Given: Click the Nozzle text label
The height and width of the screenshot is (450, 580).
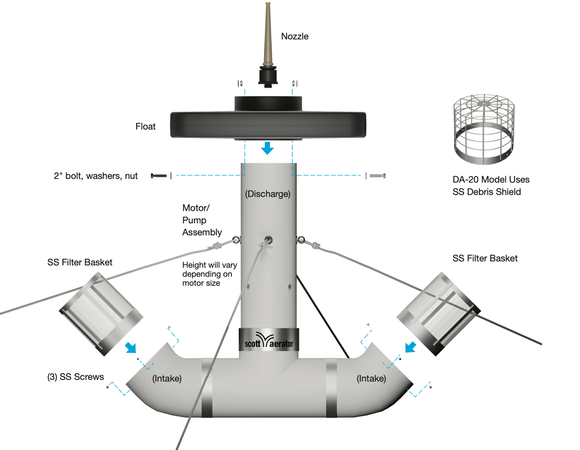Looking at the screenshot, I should click(x=295, y=36).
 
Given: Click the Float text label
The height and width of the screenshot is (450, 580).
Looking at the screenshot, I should click(x=145, y=127).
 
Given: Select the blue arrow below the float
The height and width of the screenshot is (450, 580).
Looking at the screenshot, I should click(x=268, y=148).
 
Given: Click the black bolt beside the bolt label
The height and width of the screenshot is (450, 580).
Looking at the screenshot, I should click(x=159, y=176).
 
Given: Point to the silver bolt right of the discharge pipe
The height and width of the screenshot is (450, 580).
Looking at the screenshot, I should click(x=377, y=176).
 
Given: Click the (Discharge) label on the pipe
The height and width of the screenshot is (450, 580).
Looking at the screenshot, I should click(x=268, y=194).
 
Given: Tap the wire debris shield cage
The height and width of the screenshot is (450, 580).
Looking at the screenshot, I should click(x=484, y=129).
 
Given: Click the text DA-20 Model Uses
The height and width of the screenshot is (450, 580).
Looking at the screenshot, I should click(x=491, y=179).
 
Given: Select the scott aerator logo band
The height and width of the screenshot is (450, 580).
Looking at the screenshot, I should click(x=269, y=340).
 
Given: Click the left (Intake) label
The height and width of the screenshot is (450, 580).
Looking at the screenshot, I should click(x=167, y=379).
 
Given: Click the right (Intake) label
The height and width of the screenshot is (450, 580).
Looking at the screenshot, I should click(x=371, y=379).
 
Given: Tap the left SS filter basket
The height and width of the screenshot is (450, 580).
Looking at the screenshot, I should click(x=101, y=314).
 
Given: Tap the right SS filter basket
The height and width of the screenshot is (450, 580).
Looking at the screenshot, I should click(x=439, y=314).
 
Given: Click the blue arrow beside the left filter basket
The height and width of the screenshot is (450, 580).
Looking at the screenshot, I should click(x=131, y=347).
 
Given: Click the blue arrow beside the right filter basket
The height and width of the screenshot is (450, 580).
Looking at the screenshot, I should click(x=410, y=347).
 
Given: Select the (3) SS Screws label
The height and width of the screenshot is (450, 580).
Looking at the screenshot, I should click(x=75, y=377).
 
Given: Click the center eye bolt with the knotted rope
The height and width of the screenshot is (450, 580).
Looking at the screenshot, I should click(x=268, y=240).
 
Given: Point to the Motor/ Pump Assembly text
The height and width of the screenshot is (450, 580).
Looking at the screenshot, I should click(x=202, y=220).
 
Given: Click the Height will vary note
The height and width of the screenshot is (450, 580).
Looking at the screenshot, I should click(x=209, y=274).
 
